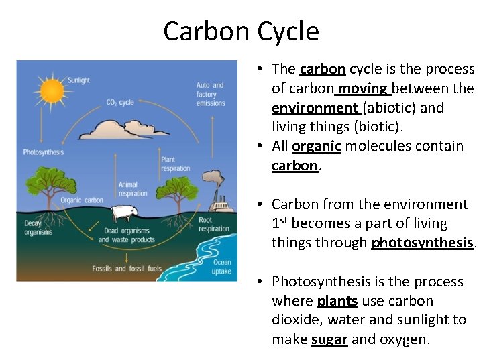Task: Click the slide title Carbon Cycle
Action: (x=241, y=32)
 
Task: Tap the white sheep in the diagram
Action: (x=123, y=213)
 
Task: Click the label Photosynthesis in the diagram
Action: (x=44, y=152)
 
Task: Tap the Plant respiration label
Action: (x=176, y=164)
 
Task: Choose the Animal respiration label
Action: (x=133, y=189)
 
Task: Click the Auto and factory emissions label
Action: (x=211, y=95)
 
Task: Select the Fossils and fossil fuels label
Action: (x=127, y=269)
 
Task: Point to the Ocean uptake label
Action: (x=221, y=267)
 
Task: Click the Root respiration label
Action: (x=214, y=225)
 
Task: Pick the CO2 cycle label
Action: (x=120, y=103)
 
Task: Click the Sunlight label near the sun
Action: (x=78, y=80)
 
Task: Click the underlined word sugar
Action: (x=329, y=339)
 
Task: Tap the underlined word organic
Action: (x=317, y=146)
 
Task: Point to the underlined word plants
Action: (x=337, y=301)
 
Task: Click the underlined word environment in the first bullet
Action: (x=315, y=107)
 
